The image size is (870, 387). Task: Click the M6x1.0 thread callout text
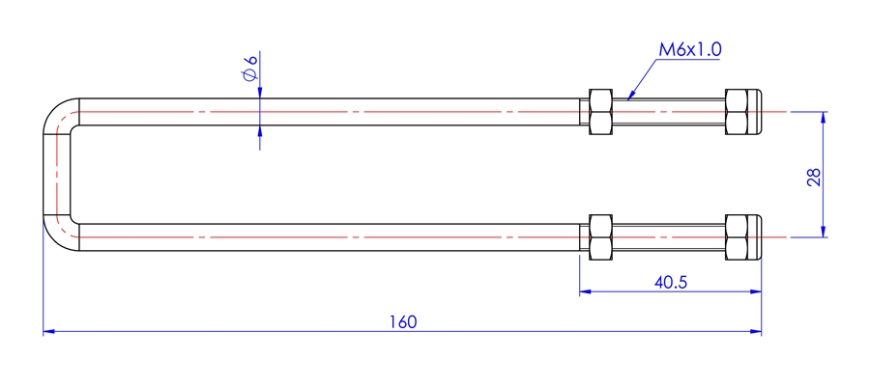pyautogui.click(x=689, y=49)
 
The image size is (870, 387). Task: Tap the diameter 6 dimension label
pyautogui.click(x=249, y=68)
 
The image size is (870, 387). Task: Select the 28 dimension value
pyautogui.click(x=813, y=178)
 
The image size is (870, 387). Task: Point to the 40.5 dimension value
pyautogui.click(x=671, y=283)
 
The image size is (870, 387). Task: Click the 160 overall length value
pyautogui.click(x=402, y=321)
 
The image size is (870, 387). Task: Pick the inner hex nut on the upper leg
pyautogui.click(x=600, y=112)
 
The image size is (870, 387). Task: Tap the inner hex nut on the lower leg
pyautogui.click(x=600, y=237)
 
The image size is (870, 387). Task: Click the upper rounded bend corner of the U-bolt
pyautogui.click(x=56, y=111)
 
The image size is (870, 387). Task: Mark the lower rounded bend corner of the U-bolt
pyautogui.click(x=56, y=238)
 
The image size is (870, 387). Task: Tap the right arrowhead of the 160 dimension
pyautogui.click(x=756, y=332)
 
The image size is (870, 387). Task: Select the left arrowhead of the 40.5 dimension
pyautogui.click(x=586, y=291)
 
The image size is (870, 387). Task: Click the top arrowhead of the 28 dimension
pyautogui.click(x=823, y=118)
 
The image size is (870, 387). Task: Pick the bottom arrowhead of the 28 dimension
pyautogui.click(x=823, y=231)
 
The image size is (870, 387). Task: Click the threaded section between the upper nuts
pyautogui.click(x=669, y=112)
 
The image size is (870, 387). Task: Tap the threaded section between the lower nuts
pyautogui.click(x=669, y=237)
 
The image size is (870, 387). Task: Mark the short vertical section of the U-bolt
pyautogui.click(x=57, y=175)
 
